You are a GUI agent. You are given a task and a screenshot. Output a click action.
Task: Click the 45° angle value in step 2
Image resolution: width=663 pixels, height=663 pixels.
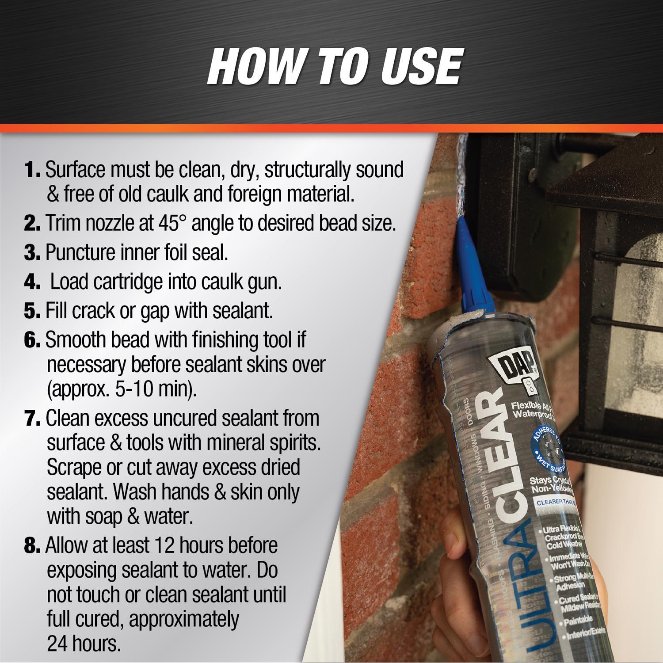click(172, 224)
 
